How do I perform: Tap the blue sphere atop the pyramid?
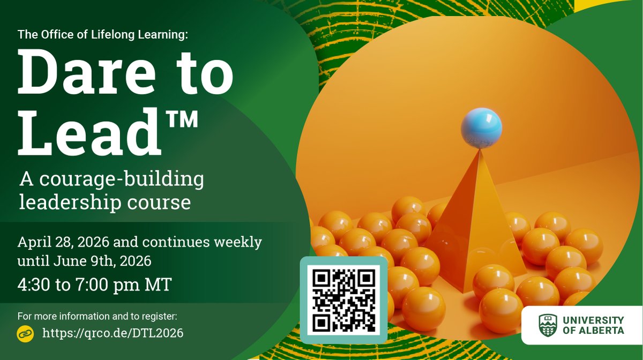click(481, 127)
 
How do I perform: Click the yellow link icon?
click(25, 333)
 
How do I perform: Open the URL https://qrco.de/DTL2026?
click(113, 333)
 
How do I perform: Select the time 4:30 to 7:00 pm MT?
click(94, 284)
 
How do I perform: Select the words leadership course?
click(105, 202)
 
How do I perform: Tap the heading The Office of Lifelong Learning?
click(103, 35)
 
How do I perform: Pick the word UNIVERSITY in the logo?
click(593, 320)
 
